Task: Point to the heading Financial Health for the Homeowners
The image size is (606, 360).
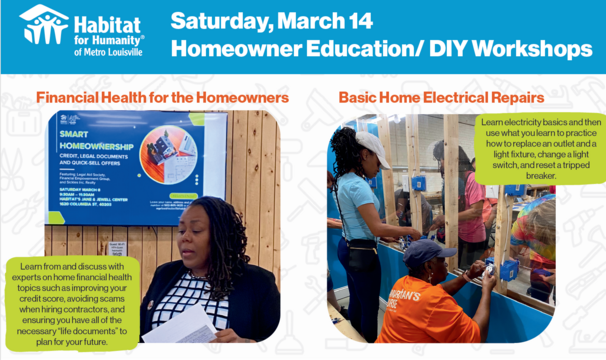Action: click(162, 98)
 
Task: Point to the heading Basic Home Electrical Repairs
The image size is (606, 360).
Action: click(441, 98)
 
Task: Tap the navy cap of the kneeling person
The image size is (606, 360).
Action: click(428, 250)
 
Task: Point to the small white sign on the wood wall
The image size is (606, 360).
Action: click(117, 251)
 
